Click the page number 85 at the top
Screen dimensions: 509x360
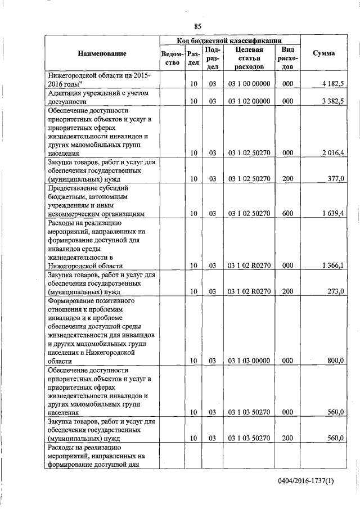pyautogui.click(x=197, y=26)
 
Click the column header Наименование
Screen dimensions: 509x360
pyautogui.click(x=102, y=53)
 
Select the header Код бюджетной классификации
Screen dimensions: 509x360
pyautogui.click(x=230, y=40)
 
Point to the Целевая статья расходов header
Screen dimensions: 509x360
pyautogui.click(x=250, y=58)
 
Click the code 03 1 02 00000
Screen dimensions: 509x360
pyautogui.click(x=250, y=102)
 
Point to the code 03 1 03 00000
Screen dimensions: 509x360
pyautogui.click(x=250, y=361)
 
